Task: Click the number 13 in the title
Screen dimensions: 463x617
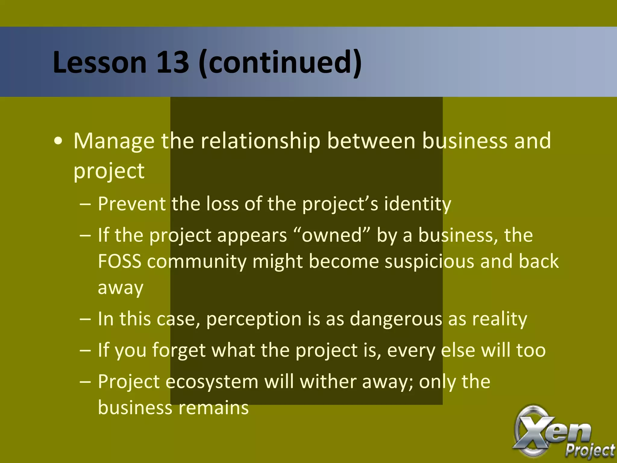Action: click(x=172, y=62)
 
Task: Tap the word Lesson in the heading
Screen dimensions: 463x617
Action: click(x=99, y=62)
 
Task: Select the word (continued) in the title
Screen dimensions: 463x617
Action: click(x=280, y=62)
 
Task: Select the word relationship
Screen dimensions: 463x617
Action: click(x=260, y=141)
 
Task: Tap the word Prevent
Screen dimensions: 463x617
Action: click(x=131, y=204)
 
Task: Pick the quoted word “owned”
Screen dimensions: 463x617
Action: click(x=331, y=235)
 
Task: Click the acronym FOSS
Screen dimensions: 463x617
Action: click(x=120, y=261)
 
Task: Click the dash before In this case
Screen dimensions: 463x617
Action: click(x=86, y=319)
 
